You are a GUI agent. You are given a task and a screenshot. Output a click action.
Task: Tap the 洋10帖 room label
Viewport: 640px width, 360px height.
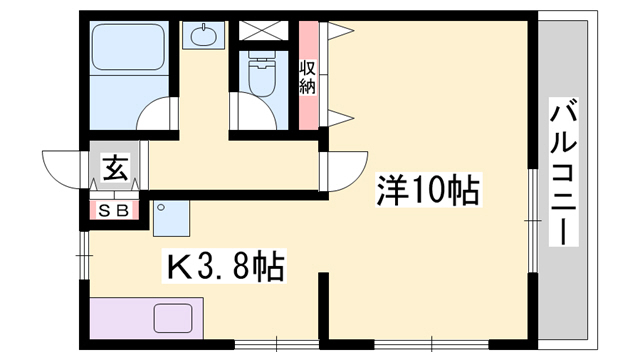pyautogui.click(x=429, y=189)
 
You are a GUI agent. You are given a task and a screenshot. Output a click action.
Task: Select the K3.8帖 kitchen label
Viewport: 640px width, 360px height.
pyautogui.click(x=226, y=267)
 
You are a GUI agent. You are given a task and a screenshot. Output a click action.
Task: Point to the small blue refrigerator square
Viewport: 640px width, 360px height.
pyautogui.click(x=172, y=216)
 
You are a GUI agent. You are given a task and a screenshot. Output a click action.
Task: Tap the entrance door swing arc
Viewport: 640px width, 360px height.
pyautogui.click(x=66, y=165)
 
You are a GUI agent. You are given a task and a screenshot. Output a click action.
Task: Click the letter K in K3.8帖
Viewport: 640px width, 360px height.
pyautogui.click(x=178, y=268)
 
